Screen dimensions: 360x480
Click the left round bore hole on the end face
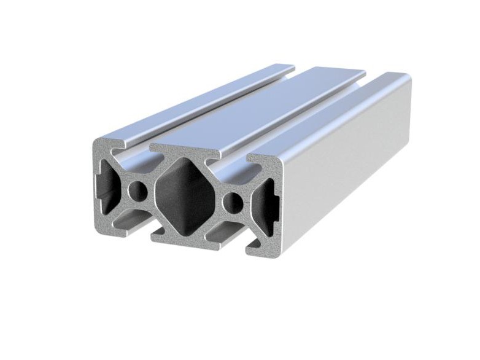pos(138,192)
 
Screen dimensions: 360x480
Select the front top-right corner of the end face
pos(279,158)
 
